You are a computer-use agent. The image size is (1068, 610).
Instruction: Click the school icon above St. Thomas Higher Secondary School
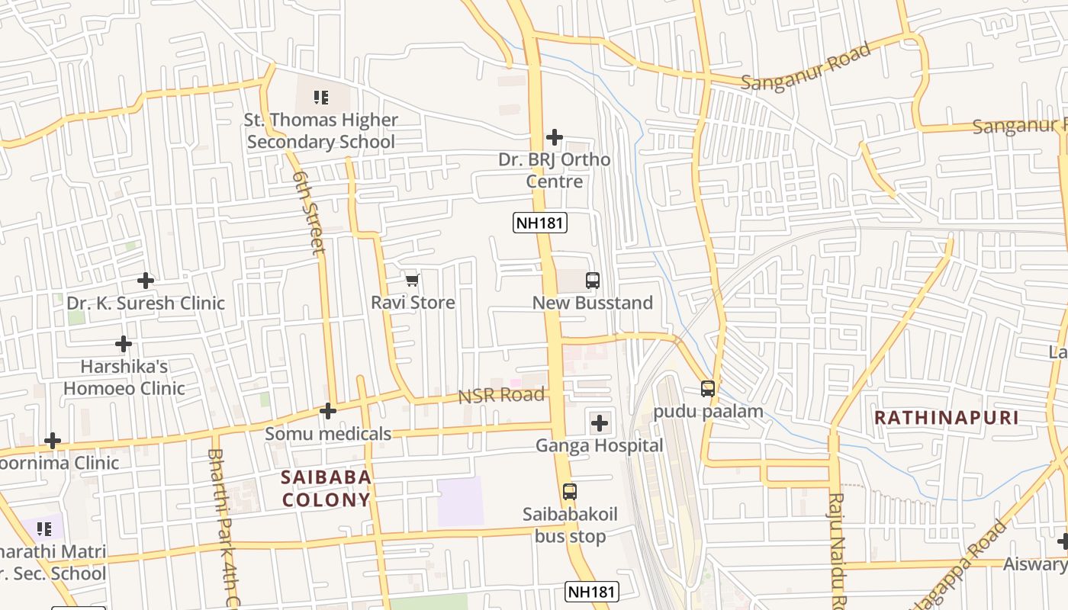[321, 97]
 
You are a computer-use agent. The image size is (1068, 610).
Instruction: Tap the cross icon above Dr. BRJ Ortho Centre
[555, 137]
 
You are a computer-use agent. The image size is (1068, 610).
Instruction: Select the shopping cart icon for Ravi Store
[413, 280]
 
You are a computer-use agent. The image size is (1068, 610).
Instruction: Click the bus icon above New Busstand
[593, 280]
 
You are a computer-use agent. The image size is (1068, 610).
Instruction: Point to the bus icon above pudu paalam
[708, 389]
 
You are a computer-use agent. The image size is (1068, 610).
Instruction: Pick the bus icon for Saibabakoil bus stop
[570, 492]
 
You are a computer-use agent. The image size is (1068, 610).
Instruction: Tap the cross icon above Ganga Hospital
[600, 422]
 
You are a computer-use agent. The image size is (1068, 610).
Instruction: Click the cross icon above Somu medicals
[328, 411]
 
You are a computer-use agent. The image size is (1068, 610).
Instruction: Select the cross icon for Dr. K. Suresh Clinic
[145, 280]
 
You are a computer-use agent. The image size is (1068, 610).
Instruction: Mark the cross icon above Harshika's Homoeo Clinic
[124, 344]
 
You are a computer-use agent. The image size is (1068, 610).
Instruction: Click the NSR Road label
[501, 395]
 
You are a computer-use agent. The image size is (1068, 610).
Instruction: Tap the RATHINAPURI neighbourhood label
[946, 418]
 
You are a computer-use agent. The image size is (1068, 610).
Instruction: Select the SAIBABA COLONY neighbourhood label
[326, 489]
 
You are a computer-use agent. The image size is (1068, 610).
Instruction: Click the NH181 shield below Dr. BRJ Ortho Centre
[540, 223]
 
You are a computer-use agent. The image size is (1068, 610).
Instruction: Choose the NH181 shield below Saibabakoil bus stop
[592, 592]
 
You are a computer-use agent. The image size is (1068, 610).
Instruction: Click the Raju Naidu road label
[838, 549]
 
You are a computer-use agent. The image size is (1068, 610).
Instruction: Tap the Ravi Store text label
[413, 303]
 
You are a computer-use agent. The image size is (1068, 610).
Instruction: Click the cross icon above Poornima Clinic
[53, 441]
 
